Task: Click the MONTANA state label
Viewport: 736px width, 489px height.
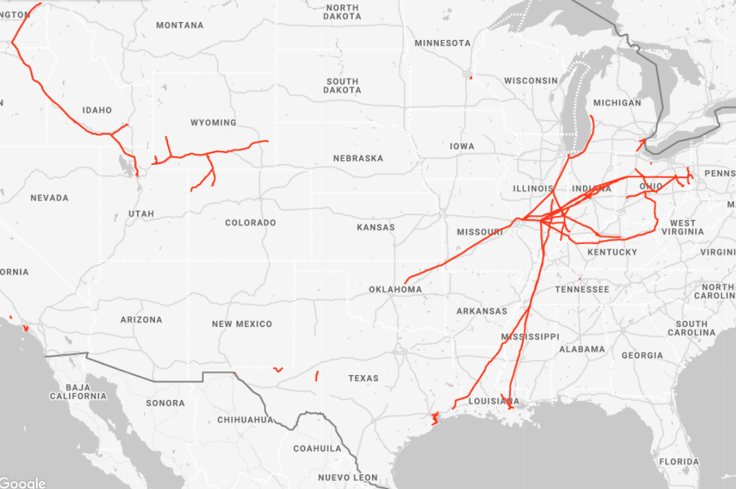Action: (179, 26)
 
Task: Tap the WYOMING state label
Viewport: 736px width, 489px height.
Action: (213, 123)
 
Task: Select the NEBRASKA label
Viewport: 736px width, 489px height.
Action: (358, 159)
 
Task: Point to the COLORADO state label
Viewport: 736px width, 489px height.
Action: (250, 223)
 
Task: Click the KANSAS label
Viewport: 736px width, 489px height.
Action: (376, 228)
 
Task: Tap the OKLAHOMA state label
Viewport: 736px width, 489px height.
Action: (395, 290)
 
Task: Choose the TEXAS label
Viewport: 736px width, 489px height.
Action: (363, 379)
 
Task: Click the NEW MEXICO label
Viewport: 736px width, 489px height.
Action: (242, 324)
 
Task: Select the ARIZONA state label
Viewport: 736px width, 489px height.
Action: (141, 320)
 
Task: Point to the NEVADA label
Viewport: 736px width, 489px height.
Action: (50, 198)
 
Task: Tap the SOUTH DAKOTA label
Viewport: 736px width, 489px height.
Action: (343, 86)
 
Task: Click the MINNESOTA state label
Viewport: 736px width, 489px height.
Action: (442, 43)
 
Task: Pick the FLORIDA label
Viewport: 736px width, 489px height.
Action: (678, 462)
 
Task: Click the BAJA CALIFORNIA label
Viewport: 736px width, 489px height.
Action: (78, 392)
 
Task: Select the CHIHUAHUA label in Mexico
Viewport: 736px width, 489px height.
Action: (245, 420)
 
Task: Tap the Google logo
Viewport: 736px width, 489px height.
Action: (23, 483)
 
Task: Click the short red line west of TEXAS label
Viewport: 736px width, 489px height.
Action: (316, 376)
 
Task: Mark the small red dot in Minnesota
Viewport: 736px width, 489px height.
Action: (470, 77)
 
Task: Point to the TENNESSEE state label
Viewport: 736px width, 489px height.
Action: (582, 290)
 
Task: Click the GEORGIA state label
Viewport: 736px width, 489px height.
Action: (642, 356)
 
